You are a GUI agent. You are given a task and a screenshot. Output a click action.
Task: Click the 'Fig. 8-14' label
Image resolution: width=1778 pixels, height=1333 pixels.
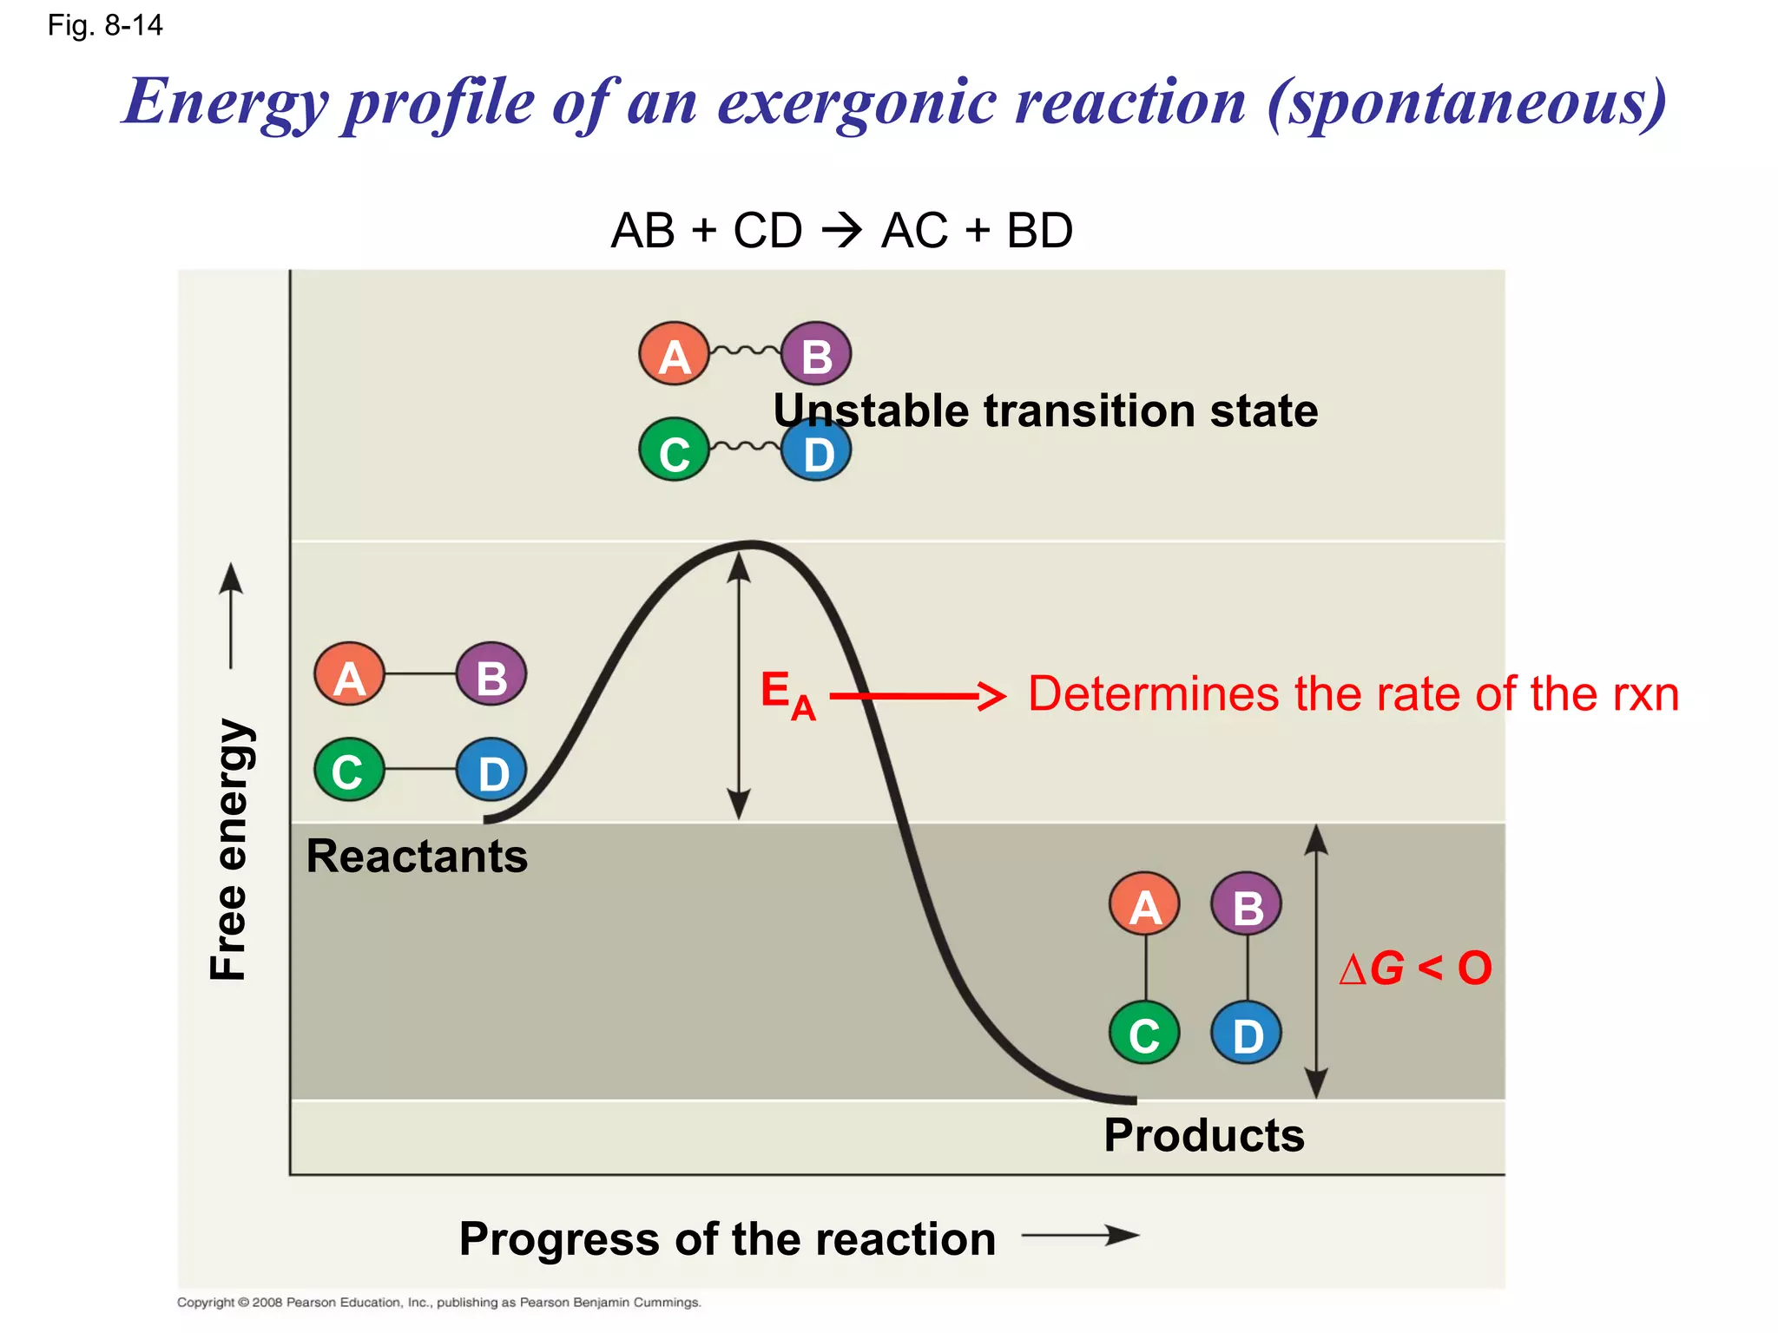click(x=105, y=26)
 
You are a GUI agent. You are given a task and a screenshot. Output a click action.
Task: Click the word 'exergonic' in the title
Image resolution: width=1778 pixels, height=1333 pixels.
click(x=856, y=103)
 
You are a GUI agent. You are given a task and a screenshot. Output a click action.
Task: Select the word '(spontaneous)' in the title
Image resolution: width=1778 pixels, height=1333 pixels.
click(x=1467, y=103)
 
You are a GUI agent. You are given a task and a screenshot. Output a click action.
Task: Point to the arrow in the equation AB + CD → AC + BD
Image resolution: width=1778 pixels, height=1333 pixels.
click(x=841, y=231)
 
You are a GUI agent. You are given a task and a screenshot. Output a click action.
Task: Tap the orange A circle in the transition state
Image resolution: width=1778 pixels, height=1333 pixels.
click(x=674, y=354)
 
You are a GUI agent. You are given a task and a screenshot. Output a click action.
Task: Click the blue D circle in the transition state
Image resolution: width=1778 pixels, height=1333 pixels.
click(x=817, y=452)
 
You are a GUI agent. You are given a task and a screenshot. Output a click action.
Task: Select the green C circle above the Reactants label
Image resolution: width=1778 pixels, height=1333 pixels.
click(x=349, y=770)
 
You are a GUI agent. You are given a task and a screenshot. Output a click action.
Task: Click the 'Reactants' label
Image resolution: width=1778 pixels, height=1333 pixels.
click(x=417, y=857)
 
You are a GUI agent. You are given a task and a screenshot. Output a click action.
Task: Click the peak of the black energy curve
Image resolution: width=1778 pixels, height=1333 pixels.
click(x=750, y=545)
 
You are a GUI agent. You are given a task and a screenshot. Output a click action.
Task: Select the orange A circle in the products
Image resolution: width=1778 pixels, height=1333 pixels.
click(x=1145, y=905)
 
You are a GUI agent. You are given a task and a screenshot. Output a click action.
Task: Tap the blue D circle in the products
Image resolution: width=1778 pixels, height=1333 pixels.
click(x=1247, y=1034)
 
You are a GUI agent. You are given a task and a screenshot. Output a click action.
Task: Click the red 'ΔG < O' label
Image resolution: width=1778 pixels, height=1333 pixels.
click(x=1415, y=968)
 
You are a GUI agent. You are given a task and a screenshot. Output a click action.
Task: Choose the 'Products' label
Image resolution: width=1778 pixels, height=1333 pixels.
click(x=1204, y=1135)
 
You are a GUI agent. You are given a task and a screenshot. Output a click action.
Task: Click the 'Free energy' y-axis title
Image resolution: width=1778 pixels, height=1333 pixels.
click(x=229, y=849)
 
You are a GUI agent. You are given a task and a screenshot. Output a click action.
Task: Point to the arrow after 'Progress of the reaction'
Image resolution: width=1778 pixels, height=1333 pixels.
click(x=1080, y=1235)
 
